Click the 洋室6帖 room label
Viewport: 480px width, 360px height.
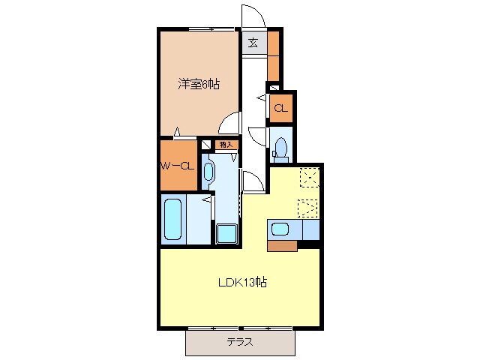coord(199,85)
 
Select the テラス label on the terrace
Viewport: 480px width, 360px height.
coord(240,342)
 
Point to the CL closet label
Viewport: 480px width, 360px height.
coord(280,109)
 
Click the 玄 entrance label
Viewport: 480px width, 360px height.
coord(254,43)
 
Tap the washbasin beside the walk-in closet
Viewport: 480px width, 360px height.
coord(208,171)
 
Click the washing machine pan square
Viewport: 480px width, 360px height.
coord(226,233)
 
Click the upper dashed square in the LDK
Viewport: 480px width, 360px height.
coord(308,177)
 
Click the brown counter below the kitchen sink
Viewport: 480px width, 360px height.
coord(282,244)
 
